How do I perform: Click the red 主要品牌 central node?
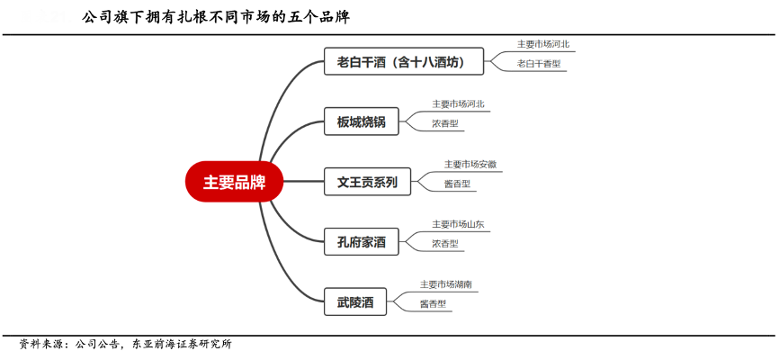click(x=233, y=182)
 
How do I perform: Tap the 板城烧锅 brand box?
click(x=361, y=121)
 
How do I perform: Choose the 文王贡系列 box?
click(x=367, y=182)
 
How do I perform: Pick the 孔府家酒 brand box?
click(x=361, y=241)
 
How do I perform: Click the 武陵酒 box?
click(x=355, y=301)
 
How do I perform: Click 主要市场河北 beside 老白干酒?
click(x=542, y=43)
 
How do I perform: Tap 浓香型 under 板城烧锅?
click(x=445, y=123)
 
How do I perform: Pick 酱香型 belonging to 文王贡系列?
click(x=457, y=184)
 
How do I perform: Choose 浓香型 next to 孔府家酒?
click(x=445, y=244)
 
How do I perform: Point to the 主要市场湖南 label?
click(x=446, y=284)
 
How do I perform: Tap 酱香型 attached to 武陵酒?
click(x=433, y=304)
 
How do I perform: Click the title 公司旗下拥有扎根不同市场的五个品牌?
click(x=216, y=17)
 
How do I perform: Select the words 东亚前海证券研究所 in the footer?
click(x=182, y=344)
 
